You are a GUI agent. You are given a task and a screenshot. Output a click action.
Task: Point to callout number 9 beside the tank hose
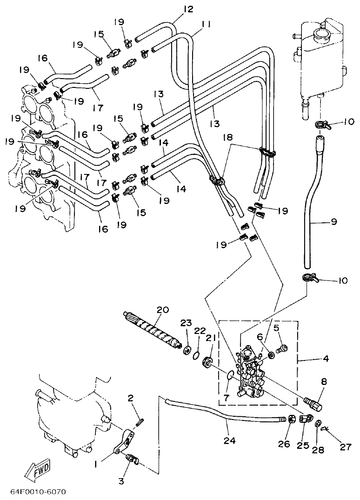334,222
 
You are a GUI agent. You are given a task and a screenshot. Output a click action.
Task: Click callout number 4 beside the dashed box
326,359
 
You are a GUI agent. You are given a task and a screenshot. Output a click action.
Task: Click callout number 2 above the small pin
131,398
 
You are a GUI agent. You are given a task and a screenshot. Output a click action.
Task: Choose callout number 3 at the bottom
121,481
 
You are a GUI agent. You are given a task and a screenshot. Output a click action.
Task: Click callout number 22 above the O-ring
200,331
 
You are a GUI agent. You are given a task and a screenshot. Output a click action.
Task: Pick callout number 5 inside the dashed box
276,327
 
